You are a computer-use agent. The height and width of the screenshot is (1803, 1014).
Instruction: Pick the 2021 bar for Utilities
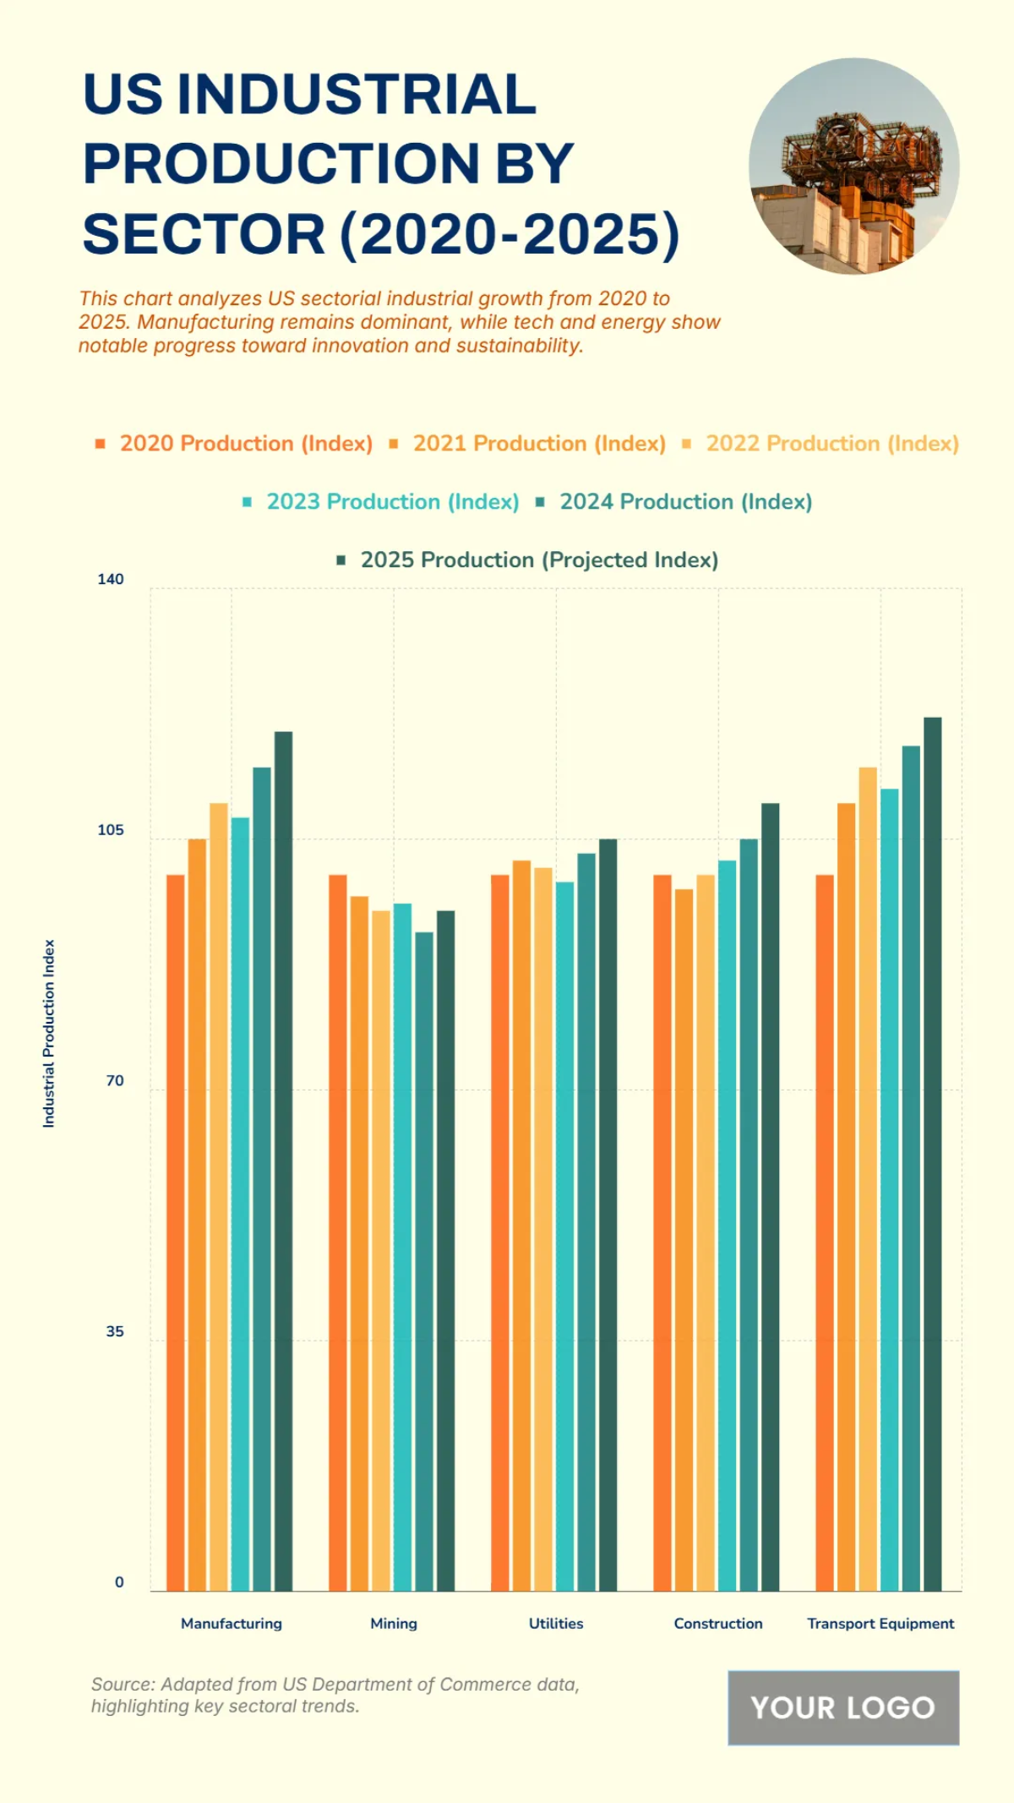521,1226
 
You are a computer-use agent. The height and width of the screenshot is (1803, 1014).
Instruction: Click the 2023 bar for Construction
727,1226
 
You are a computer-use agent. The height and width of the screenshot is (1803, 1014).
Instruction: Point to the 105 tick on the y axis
111,830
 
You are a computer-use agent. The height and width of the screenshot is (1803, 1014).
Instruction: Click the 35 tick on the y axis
115,1332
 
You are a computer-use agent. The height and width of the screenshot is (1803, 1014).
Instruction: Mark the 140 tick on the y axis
111,580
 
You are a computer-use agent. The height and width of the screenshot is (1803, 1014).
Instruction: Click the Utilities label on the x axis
556,1624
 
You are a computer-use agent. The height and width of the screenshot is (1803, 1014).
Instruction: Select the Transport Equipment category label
880,1624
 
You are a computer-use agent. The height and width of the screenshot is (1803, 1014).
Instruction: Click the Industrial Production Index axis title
49,1033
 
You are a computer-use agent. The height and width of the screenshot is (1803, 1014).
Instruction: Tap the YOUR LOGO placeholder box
843,1707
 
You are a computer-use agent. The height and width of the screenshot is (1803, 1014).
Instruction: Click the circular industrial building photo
853,167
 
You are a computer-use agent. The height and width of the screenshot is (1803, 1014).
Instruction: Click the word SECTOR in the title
204,234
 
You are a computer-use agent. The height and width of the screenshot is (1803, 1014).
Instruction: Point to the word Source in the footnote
122,1685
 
